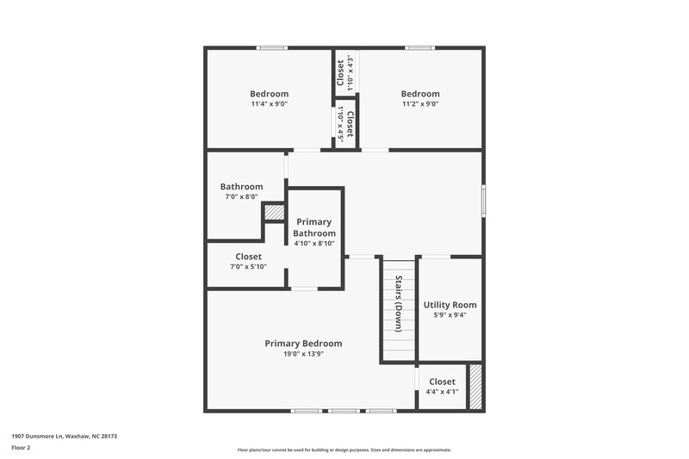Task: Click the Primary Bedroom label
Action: pyautogui.click(x=303, y=343)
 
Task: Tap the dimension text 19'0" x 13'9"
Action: pyautogui.click(x=303, y=353)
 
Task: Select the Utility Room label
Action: pyautogui.click(x=450, y=305)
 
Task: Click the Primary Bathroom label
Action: pyautogui.click(x=313, y=227)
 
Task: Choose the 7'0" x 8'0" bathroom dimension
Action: pyautogui.click(x=241, y=196)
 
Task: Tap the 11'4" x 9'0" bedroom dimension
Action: pyautogui.click(x=269, y=104)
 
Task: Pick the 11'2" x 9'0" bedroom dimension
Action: pyautogui.click(x=420, y=104)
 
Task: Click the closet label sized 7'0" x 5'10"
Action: pyautogui.click(x=248, y=257)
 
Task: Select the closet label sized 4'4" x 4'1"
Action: pyautogui.click(x=442, y=381)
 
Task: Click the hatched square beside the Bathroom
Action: pyautogui.click(x=274, y=213)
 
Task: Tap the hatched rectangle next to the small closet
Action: pyautogui.click(x=475, y=386)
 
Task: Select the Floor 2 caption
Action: pyautogui.click(x=20, y=448)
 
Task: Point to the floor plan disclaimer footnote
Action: pyautogui.click(x=344, y=450)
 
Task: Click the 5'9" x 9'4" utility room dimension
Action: pyautogui.click(x=450, y=315)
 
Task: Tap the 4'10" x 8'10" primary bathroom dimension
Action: pyautogui.click(x=313, y=243)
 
